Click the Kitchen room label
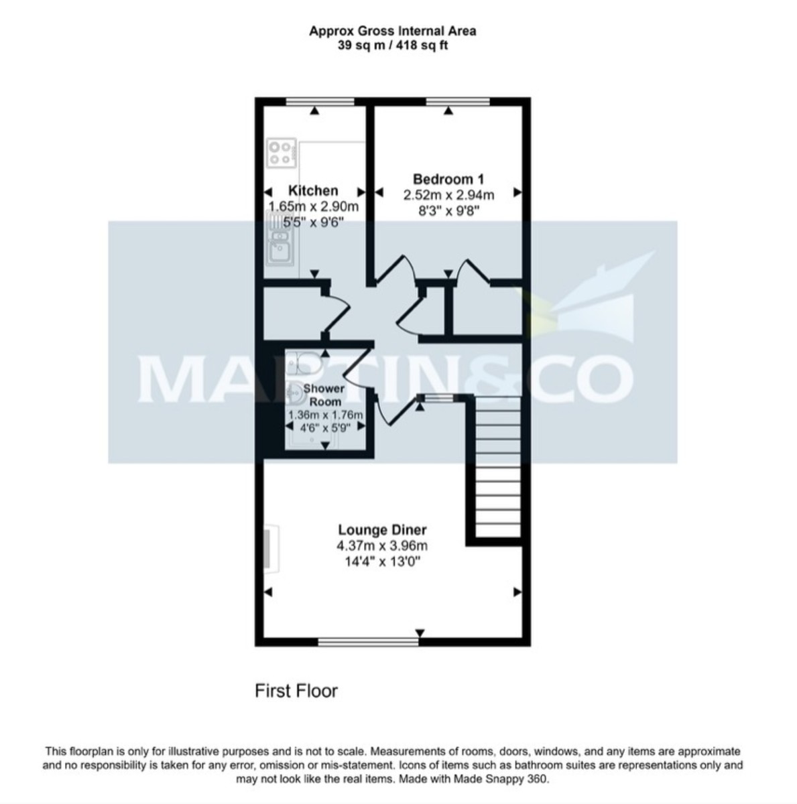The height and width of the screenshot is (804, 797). point(312,191)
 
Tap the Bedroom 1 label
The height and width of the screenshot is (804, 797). point(448,179)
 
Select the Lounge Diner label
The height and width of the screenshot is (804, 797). point(382,530)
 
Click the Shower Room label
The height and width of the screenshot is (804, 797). point(324,395)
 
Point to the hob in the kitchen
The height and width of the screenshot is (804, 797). point(281,152)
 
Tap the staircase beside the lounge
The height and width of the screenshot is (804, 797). point(497,466)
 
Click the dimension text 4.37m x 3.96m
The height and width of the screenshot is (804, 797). point(382,546)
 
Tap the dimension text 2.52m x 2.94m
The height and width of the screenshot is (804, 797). point(448,195)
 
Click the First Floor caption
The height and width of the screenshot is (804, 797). point(296,691)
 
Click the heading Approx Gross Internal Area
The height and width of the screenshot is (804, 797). point(392,31)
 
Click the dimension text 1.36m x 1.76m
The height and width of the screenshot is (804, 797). point(324,415)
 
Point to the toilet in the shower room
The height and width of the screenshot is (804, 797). point(296,362)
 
